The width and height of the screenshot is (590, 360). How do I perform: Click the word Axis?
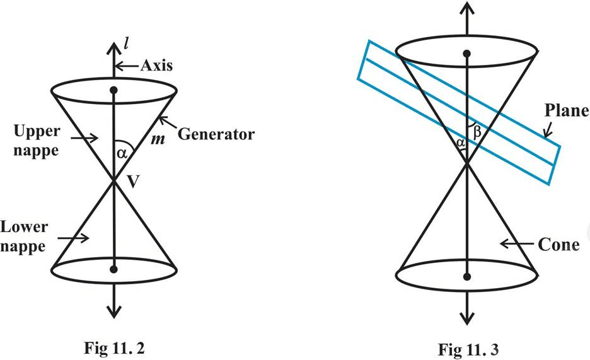point(156,66)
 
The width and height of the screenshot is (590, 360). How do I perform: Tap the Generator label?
point(216,134)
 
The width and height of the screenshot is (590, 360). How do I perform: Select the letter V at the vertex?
point(133,182)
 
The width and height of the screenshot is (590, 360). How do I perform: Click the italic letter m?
point(158,139)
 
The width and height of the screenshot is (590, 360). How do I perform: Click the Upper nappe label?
point(37,141)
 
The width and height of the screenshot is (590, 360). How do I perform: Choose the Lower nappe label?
point(24,236)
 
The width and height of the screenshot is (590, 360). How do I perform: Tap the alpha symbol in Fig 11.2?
point(122,153)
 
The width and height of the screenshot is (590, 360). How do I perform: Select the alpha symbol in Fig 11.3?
point(460,142)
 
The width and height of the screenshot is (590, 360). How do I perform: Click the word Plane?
point(567,110)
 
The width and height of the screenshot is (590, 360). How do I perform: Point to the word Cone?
point(558,245)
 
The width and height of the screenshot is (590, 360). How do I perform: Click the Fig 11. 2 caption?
point(114,348)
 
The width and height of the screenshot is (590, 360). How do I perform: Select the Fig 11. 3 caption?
point(468,349)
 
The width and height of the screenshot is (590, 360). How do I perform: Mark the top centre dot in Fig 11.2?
point(113,90)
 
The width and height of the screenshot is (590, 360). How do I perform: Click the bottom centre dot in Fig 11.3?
point(467,277)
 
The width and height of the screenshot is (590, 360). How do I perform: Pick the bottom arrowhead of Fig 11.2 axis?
point(113,311)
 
